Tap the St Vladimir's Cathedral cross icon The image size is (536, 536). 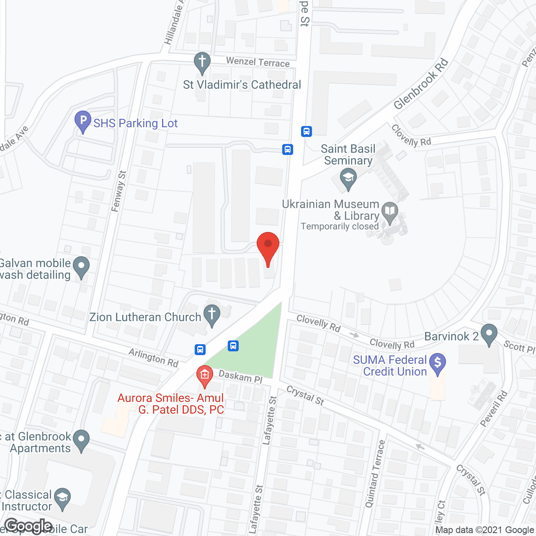pyautogui.click(x=202, y=62)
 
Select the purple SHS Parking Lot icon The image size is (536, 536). pyautogui.click(x=82, y=121)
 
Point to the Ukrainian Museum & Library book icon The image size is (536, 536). pyautogui.click(x=390, y=212)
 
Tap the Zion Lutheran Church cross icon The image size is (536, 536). pyautogui.click(x=212, y=314)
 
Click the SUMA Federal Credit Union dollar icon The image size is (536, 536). pyautogui.click(x=438, y=363)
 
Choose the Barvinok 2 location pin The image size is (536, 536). pyautogui.click(x=489, y=335)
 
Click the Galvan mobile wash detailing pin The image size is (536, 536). pyautogui.click(x=81, y=267)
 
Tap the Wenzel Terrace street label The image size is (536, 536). pyautogui.click(x=258, y=62)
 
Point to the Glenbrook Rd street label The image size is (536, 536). pyautogui.click(x=421, y=84)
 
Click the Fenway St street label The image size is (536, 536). pyautogui.click(x=119, y=191)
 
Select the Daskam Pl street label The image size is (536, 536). pyautogui.click(x=240, y=376)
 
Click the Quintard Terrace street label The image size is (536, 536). pyautogui.click(x=375, y=474)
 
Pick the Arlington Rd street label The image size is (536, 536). pyautogui.click(x=154, y=358)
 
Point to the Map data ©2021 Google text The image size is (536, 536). pyautogui.click(x=485, y=530)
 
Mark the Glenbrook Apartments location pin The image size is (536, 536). pyautogui.click(x=81, y=440)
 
